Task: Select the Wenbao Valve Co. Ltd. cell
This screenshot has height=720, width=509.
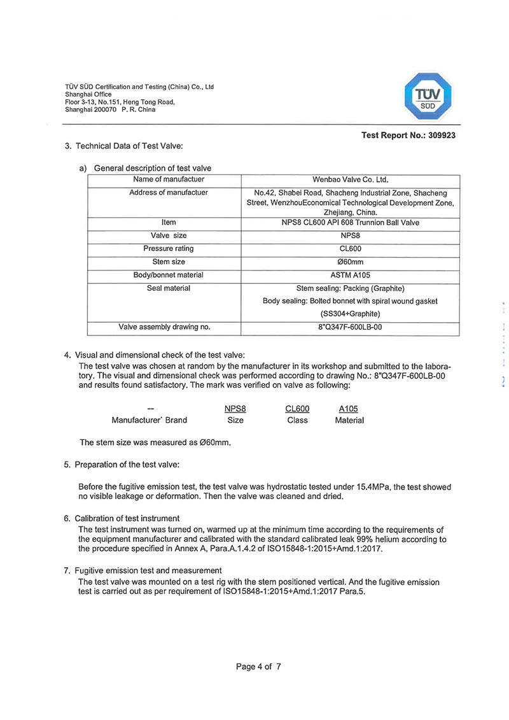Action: (x=350, y=180)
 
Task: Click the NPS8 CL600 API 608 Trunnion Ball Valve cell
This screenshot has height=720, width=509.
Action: (x=350, y=223)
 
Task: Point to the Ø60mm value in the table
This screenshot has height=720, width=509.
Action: (x=350, y=262)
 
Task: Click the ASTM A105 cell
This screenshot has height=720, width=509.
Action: (x=350, y=275)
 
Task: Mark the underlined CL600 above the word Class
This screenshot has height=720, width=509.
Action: (x=297, y=409)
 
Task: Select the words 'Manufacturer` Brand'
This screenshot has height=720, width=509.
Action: (x=150, y=420)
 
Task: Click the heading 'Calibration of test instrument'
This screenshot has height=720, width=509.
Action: (x=127, y=518)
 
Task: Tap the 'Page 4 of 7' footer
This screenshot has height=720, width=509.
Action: (x=258, y=667)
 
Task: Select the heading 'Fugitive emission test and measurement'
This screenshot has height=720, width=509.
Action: (x=148, y=570)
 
